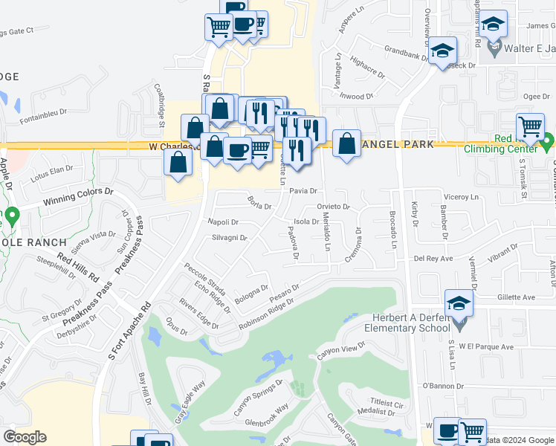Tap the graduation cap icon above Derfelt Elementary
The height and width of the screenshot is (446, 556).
(x=459, y=303)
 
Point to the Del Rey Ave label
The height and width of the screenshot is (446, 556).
(x=433, y=259)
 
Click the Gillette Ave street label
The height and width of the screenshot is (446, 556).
(x=517, y=297)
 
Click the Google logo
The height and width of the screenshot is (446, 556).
(x=25, y=437)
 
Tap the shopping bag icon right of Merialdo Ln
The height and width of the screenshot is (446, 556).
(x=346, y=142)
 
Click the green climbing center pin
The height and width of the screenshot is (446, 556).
(x=548, y=140)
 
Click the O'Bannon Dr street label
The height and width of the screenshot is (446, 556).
(x=442, y=387)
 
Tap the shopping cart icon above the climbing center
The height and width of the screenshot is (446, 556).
(x=530, y=126)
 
